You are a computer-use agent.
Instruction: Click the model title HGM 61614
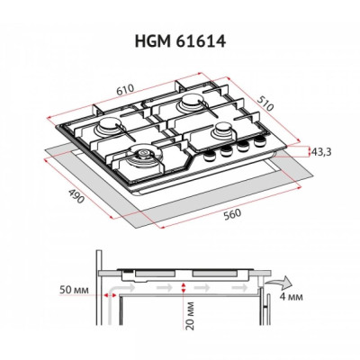(x=179, y=40)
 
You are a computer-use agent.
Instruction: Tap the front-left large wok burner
(x=141, y=162)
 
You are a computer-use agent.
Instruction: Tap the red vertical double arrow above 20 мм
(x=184, y=287)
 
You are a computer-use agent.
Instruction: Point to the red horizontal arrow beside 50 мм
(x=108, y=292)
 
